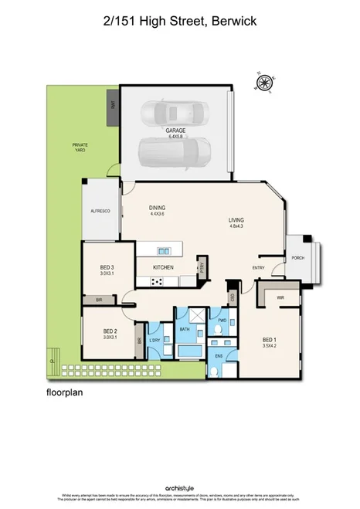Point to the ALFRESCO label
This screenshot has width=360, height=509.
click(x=101, y=210)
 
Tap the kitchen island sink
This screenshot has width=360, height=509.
click(x=163, y=250)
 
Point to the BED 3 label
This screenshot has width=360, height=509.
click(x=106, y=267)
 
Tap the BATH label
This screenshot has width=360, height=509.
click(x=185, y=330)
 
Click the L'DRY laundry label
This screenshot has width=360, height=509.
click(x=155, y=339)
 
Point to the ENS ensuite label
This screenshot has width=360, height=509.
click(x=219, y=356)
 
